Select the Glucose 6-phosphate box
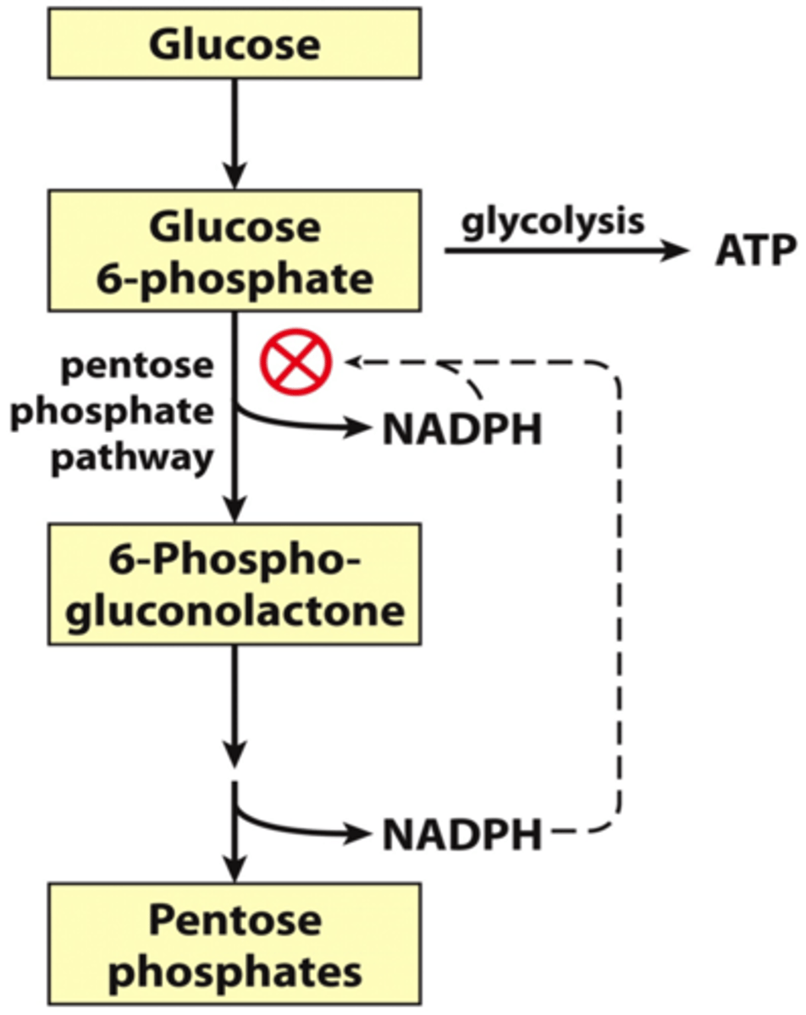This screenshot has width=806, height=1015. (x=235, y=250)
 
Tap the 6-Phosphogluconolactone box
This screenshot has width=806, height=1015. (x=235, y=584)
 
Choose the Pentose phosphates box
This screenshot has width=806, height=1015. (x=235, y=946)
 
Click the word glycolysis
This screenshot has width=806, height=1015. (x=552, y=222)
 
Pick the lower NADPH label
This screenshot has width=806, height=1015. (x=461, y=836)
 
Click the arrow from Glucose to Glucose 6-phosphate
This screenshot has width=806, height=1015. (x=235, y=135)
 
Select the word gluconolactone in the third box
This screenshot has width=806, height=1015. (x=235, y=609)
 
